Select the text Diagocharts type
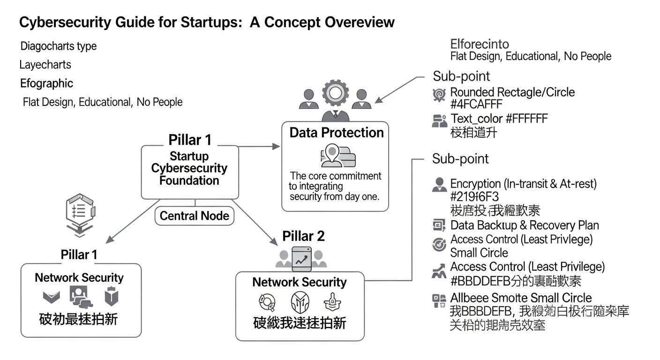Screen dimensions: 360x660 (x=59, y=46)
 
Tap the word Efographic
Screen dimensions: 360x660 (x=46, y=83)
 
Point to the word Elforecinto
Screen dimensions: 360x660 (x=479, y=45)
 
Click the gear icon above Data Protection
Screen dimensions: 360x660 (x=334, y=92)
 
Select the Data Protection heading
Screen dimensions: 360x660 (x=336, y=133)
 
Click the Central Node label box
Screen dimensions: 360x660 (x=194, y=216)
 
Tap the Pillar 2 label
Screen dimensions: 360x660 (x=303, y=236)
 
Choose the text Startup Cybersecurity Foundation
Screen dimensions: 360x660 (x=189, y=168)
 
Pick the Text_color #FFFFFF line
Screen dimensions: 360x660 (x=499, y=118)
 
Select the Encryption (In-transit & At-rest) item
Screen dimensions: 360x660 (x=523, y=184)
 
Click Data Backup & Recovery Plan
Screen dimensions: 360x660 (x=524, y=225)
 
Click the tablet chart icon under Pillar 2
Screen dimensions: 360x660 (x=301, y=258)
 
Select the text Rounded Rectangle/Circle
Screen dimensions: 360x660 (x=512, y=92)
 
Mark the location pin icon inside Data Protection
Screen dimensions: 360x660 (x=332, y=155)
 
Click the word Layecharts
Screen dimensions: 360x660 (x=45, y=65)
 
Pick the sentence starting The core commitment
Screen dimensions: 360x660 (x=335, y=186)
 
